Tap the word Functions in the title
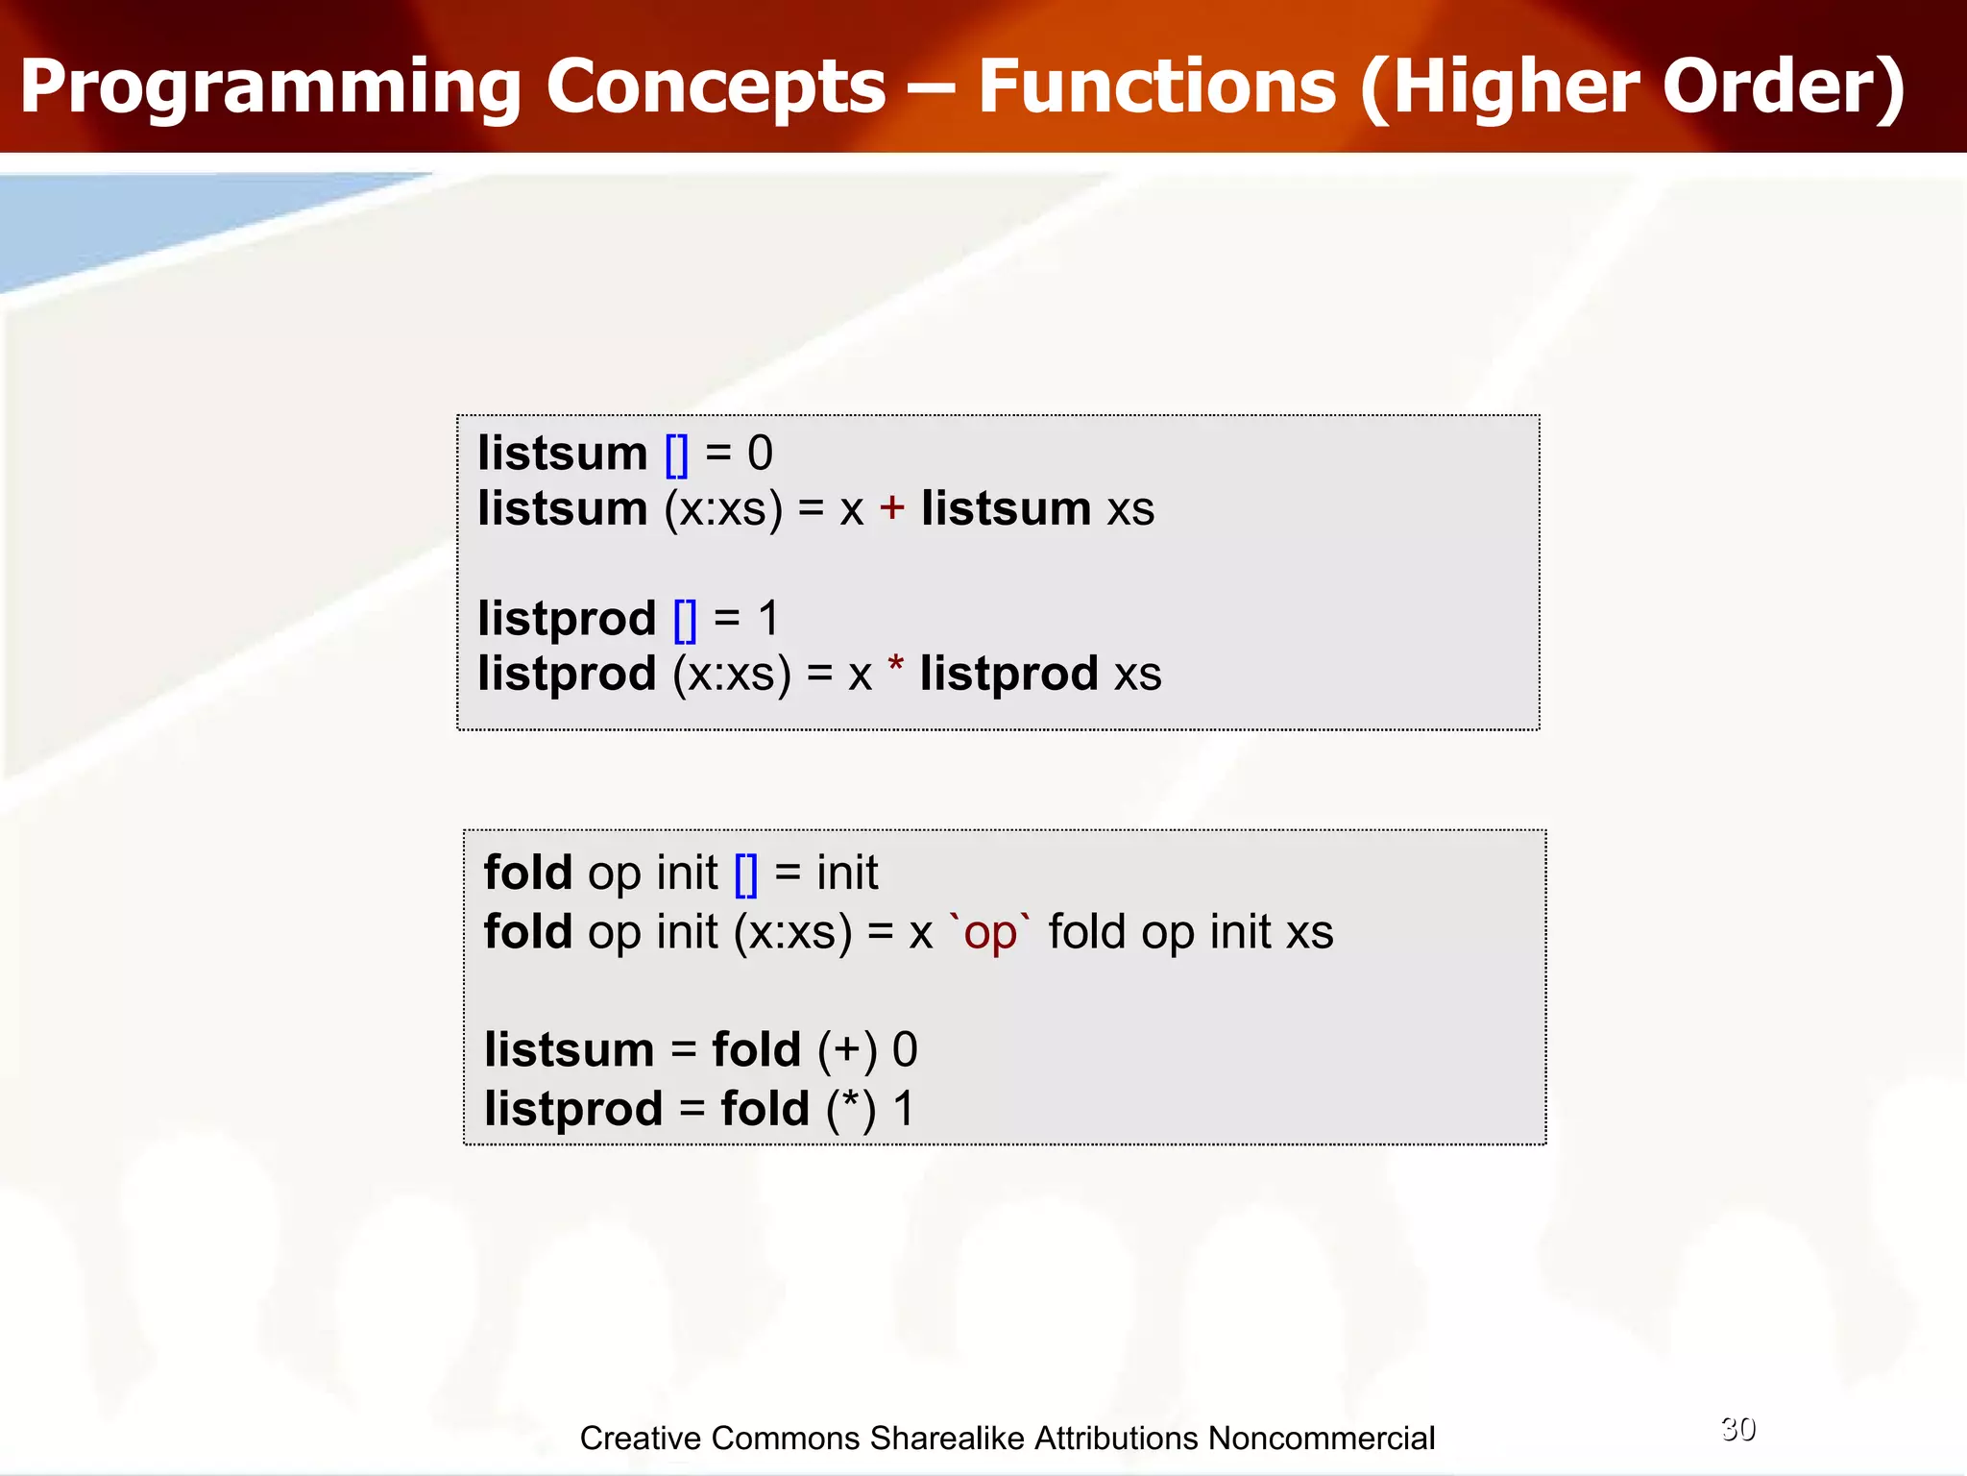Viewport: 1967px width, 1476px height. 1156,86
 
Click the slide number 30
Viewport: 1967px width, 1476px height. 1738,1429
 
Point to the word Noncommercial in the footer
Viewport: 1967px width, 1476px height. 1322,1439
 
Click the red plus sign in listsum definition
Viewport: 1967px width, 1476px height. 892,507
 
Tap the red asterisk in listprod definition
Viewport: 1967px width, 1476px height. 895,665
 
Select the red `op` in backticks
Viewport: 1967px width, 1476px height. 989,933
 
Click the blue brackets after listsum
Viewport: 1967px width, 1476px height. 677,454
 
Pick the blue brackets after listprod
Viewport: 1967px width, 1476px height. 686,620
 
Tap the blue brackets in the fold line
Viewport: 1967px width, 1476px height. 746,874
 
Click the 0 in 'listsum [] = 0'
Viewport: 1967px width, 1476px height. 760,454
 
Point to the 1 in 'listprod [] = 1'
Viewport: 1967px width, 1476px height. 768,619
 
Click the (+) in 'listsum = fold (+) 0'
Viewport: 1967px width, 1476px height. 847,1050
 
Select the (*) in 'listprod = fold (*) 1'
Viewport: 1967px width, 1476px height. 851,1110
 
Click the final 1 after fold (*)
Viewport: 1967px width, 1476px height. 904,1109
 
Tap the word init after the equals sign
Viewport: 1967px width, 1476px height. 847,873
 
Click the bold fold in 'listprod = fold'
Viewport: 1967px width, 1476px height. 765,1109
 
